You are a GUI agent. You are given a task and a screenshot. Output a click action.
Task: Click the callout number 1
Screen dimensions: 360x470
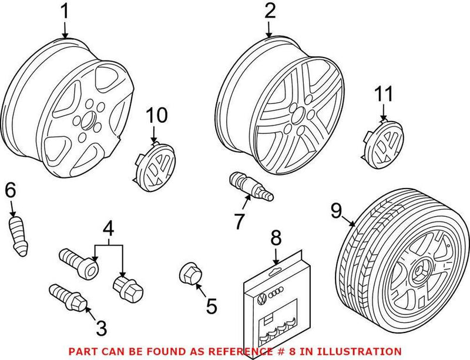coord(65,12)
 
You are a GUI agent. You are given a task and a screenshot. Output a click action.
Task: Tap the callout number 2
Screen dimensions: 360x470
coord(270,11)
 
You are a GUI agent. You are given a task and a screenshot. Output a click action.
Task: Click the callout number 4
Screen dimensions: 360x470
coord(108,227)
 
